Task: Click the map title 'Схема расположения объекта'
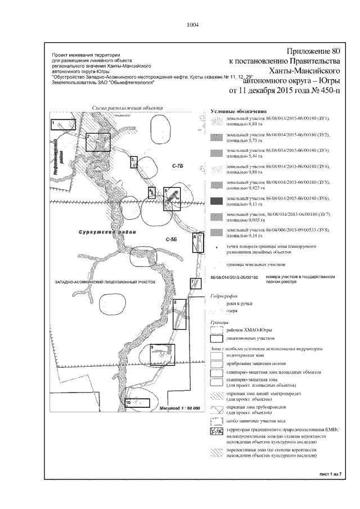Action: tap(128, 108)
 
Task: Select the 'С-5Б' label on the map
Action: tap(172, 240)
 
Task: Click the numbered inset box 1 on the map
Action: tap(58, 124)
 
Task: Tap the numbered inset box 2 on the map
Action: tap(98, 142)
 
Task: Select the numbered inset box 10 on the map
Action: tap(137, 403)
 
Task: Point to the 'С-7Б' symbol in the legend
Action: tap(217, 432)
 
